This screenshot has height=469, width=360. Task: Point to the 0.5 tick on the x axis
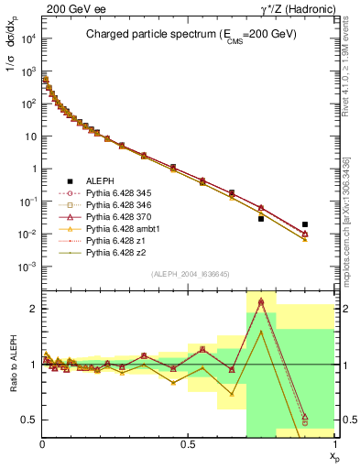[188, 443]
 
